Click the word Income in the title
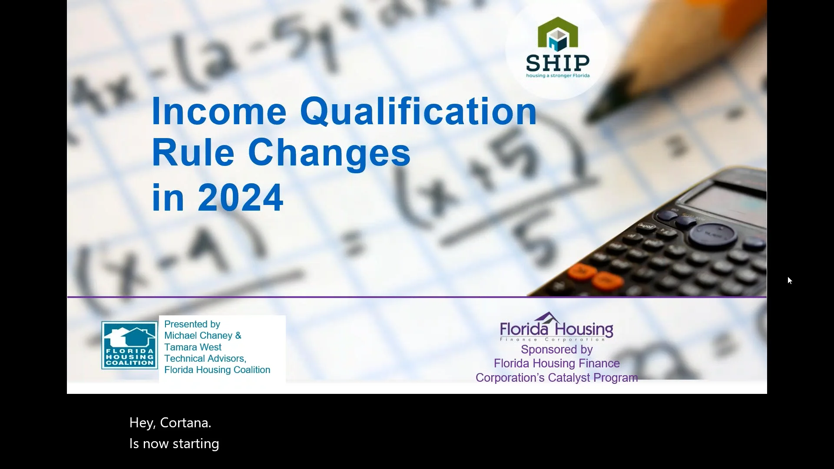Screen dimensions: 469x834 pyautogui.click(x=219, y=112)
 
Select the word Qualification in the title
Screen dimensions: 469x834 pyautogui.click(x=418, y=112)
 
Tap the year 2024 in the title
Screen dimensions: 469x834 pyautogui.click(x=240, y=198)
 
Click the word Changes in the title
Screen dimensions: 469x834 pyautogui.click(x=329, y=153)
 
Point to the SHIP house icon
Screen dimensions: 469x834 pyautogui.click(x=558, y=33)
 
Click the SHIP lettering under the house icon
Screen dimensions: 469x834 pyautogui.click(x=558, y=63)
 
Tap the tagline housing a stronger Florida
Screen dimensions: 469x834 pyautogui.click(x=558, y=76)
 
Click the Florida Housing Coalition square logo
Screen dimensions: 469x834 pyautogui.click(x=129, y=345)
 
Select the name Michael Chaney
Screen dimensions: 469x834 pyautogui.click(x=199, y=336)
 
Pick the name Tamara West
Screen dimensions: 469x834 pyautogui.click(x=193, y=347)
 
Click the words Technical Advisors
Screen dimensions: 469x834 pyautogui.click(x=205, y=358)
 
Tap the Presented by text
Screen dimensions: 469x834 pyautogui.click(x=192, y=324)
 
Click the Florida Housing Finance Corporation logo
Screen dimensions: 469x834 pyautogui.click(x=556, y=327)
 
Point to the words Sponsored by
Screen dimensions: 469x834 pyautogui.click(x=556, y=350)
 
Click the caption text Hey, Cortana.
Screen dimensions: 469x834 pyautogui.click(x=170, y=423)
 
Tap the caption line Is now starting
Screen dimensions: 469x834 pyautogui.click(x=174, y=443)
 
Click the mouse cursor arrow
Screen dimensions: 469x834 pyautogui.click(x=789, y=280)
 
